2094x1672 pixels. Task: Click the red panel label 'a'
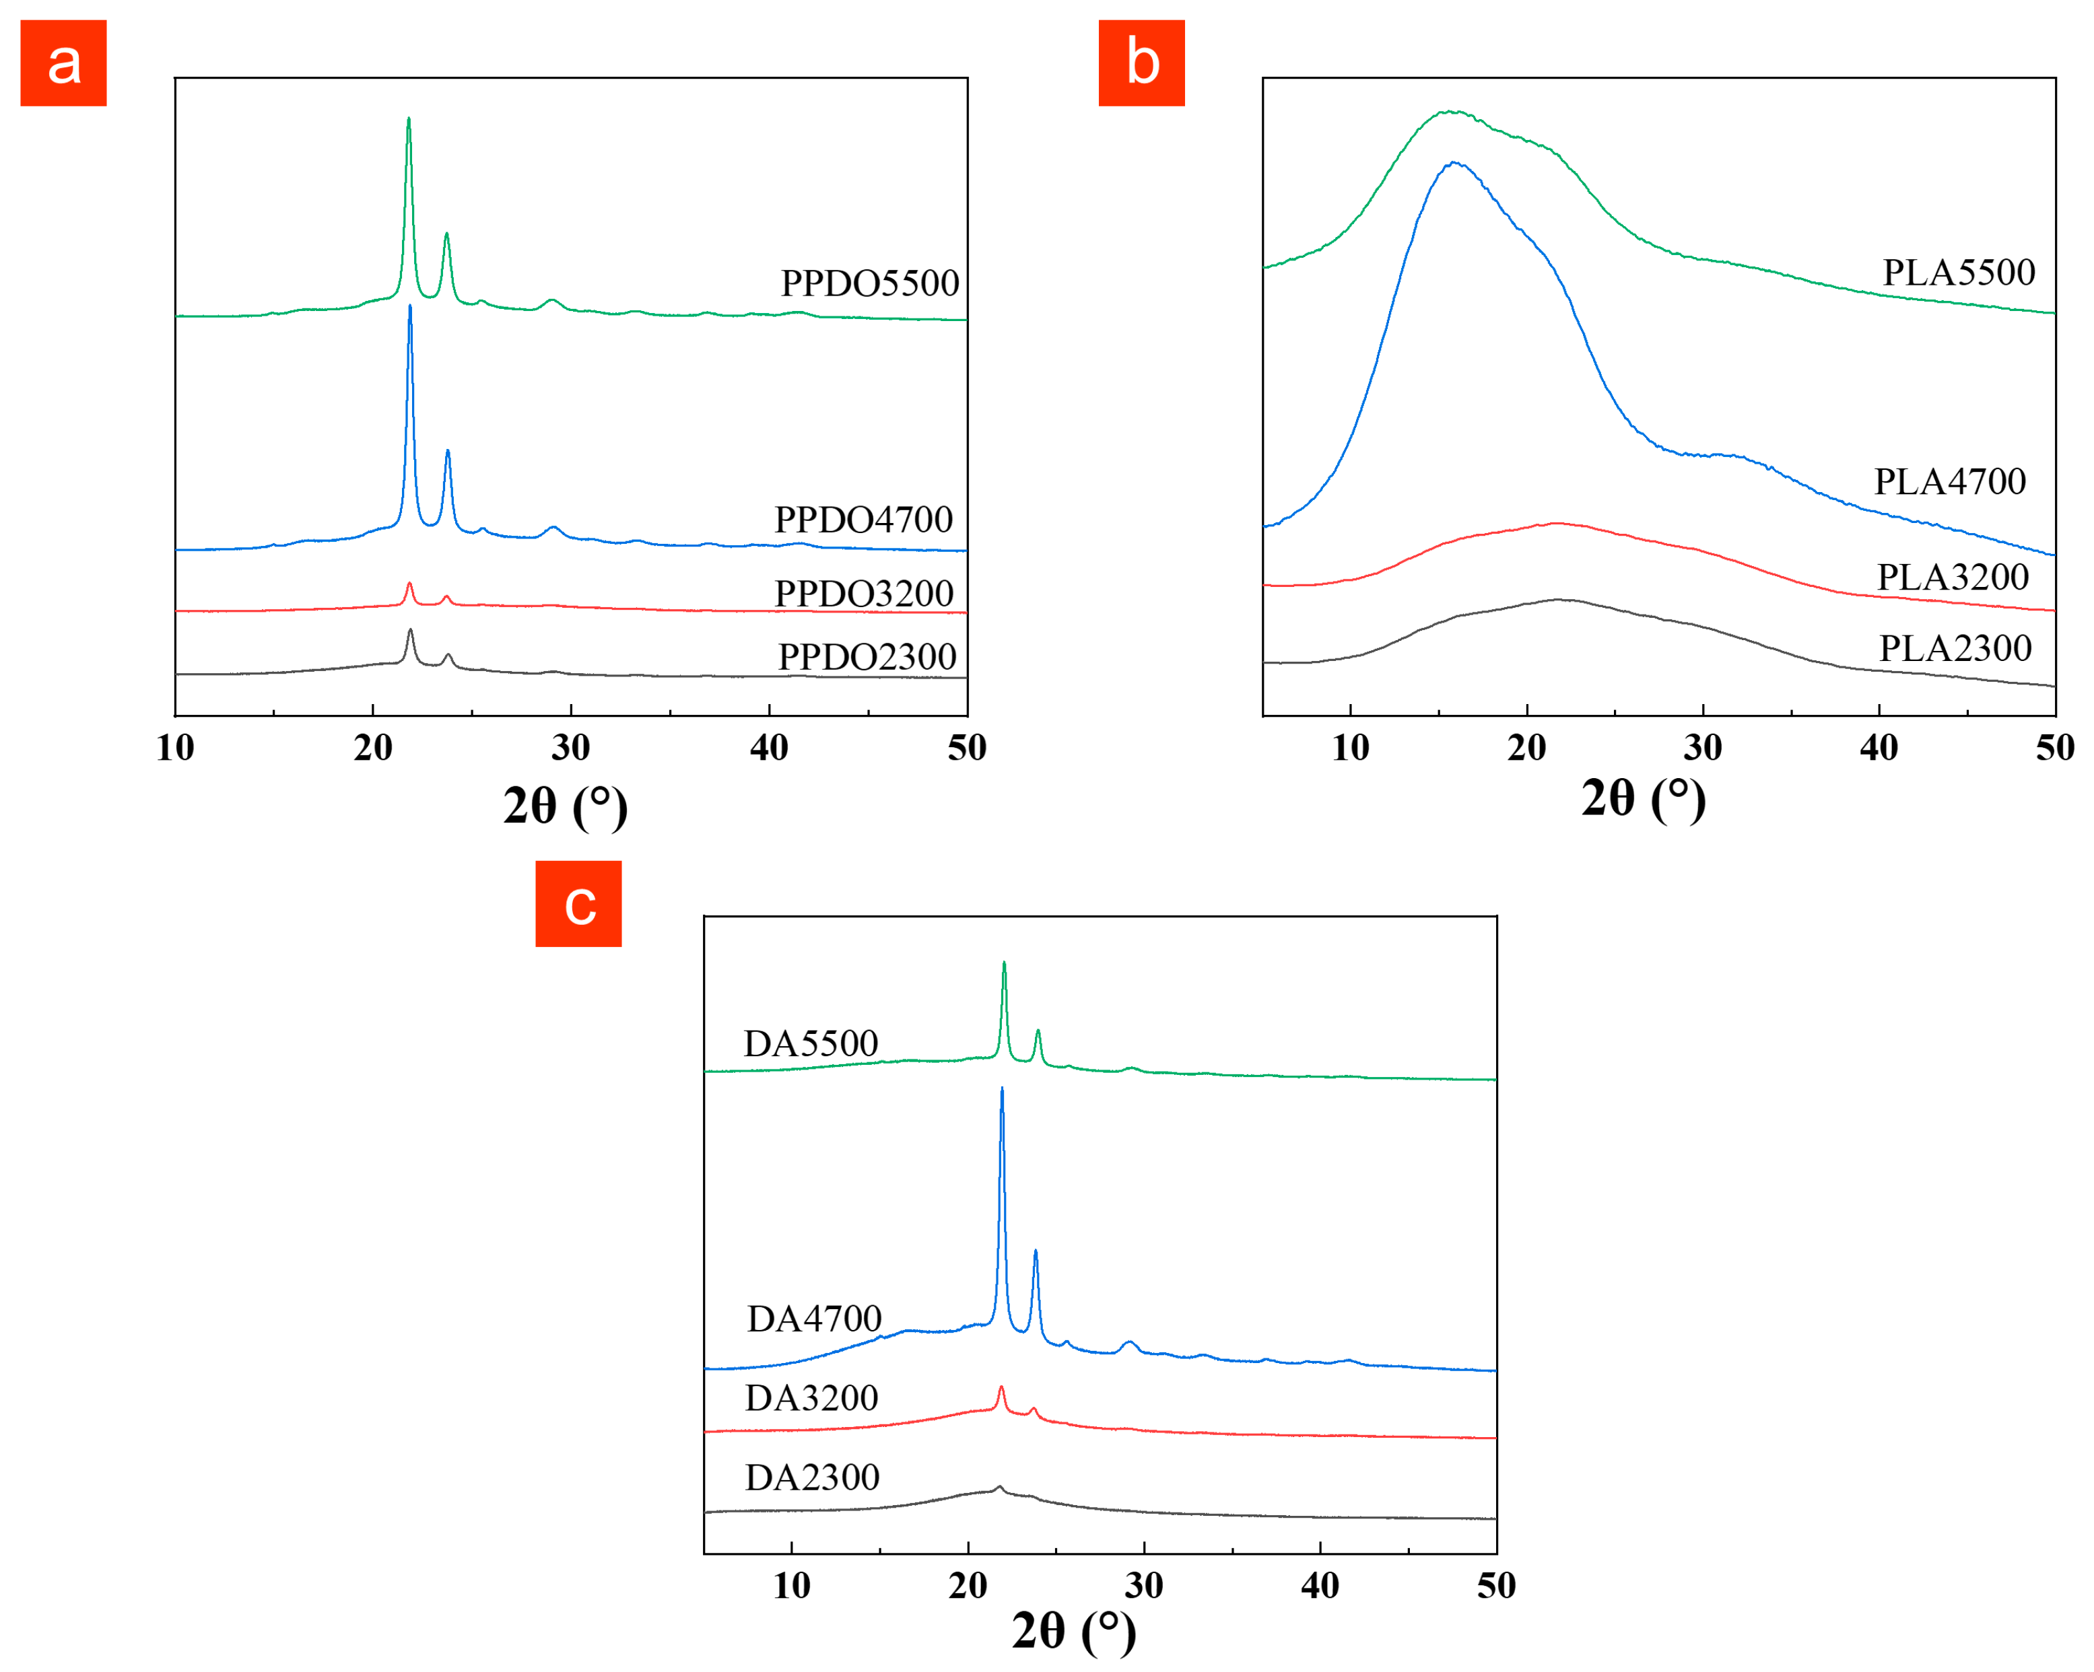coord(63,63)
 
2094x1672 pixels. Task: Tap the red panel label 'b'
coord(1141,63)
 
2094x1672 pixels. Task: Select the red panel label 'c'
coord(578,904)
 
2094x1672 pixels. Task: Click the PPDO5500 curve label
coord(869,283)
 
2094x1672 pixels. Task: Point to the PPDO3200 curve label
coord(863,593)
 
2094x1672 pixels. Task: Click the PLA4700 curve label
coord(1949,481)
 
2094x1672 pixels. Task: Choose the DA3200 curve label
coord(811,1398)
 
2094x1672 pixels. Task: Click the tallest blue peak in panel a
coord(410,307)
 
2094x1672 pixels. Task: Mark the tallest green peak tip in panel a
coord(408,118)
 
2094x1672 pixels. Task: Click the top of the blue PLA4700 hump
coord(1453,162)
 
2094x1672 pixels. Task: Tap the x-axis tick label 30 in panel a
coord(570,748)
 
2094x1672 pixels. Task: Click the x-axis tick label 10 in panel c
coord(792,1586)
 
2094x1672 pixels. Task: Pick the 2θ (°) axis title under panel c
coord(1073,1631)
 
